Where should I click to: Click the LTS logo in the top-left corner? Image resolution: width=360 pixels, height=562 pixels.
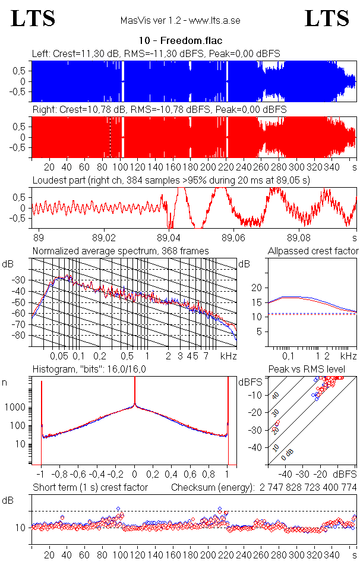tap(33, 19)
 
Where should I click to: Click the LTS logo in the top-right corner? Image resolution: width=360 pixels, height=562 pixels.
tap(327, 19)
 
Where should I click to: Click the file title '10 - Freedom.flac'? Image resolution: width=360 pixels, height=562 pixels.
tap(180, 41)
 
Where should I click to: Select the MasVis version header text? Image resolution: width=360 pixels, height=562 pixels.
tap(180, 21)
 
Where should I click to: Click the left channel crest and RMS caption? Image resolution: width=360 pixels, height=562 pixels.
tap(156, 53)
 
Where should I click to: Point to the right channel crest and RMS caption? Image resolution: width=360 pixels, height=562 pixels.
tap(159, 110)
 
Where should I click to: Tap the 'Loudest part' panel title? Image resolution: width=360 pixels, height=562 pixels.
tap(171, 179)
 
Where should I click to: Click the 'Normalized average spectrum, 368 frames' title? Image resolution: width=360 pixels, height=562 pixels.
tap(121, 251)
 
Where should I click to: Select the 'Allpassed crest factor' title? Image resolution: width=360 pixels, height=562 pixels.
tap(313, 251)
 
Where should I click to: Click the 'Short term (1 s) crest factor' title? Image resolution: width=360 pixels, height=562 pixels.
tap(90, 488)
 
